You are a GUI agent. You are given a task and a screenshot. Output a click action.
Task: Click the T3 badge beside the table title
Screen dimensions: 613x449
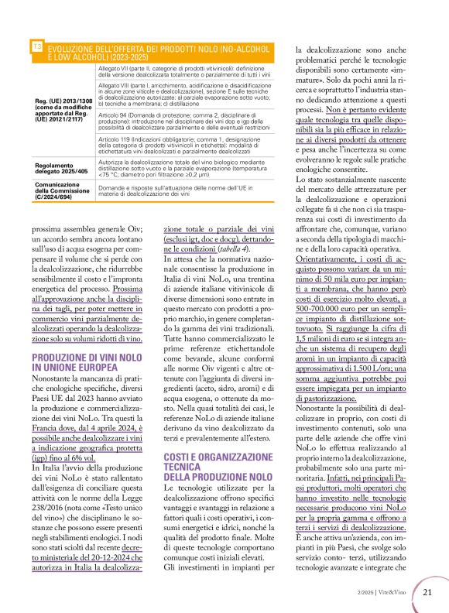point(37,47)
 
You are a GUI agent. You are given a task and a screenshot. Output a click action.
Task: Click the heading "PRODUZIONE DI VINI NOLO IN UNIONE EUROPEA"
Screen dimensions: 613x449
point(87,362)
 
